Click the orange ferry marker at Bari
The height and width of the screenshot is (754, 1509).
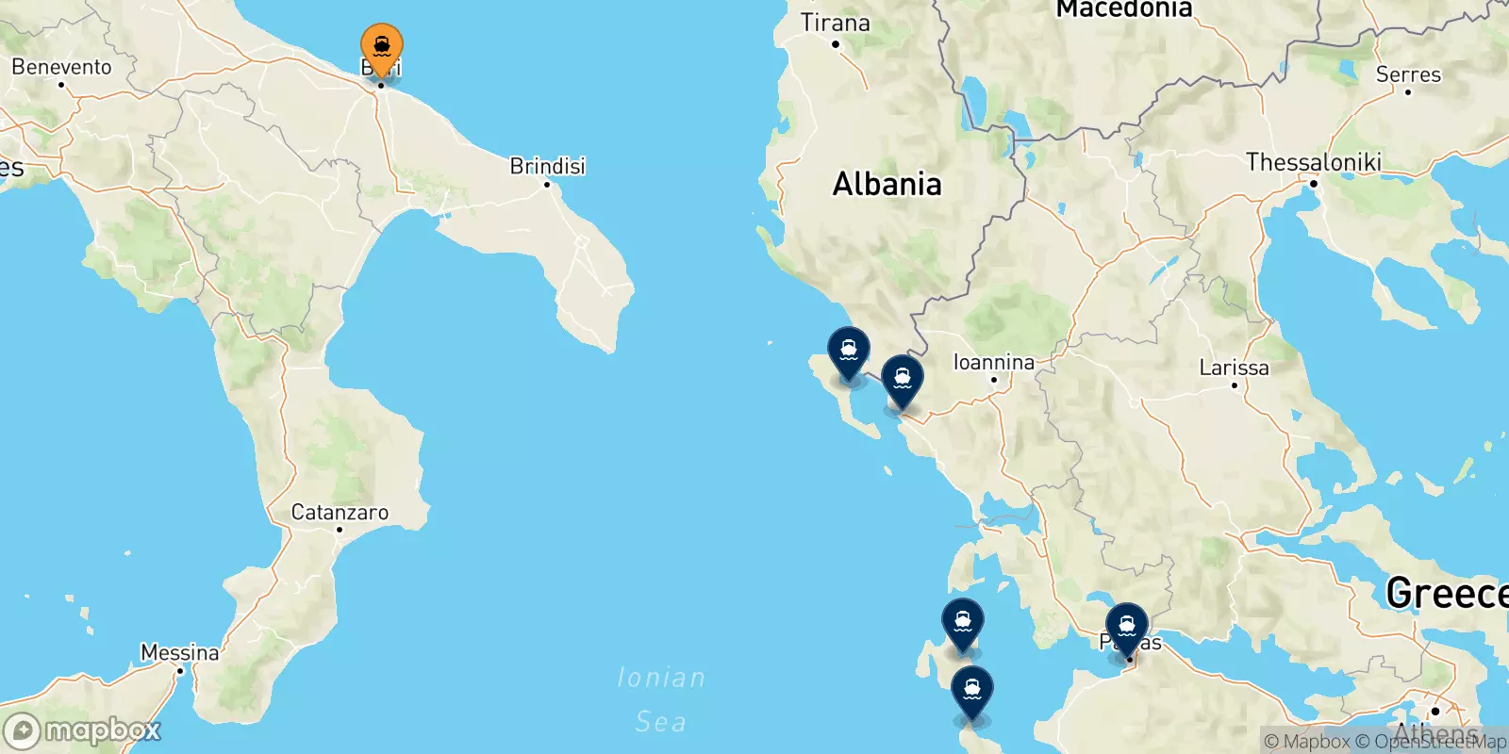382,47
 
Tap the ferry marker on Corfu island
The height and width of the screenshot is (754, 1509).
849,352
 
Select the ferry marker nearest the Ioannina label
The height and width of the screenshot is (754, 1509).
903,380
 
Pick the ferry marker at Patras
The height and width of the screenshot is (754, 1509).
1126,628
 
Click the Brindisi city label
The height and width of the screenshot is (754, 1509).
547,166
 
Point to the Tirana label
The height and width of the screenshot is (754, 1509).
835,23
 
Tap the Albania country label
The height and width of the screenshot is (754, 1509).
887,184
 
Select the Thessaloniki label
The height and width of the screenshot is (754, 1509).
1313,162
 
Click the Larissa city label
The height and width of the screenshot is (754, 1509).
1234,368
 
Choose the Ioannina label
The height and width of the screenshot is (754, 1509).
993,362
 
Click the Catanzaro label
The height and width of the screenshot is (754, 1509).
340,512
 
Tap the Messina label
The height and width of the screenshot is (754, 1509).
179,652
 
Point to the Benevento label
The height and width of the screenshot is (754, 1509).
61,67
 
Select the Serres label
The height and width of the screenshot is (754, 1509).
1408,74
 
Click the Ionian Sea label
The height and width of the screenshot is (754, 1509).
660,699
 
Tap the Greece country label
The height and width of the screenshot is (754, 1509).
1446,593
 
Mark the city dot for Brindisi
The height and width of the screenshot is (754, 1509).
547,184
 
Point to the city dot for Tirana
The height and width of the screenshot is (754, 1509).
835,43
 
